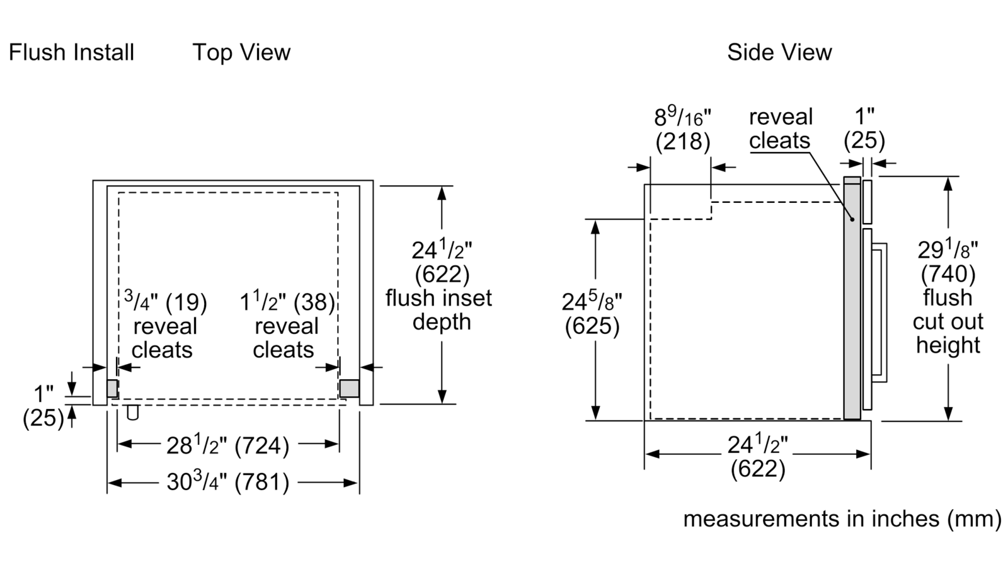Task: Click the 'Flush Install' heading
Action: [72, 52]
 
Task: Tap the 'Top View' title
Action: [241, 52]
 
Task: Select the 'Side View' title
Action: [779, 52]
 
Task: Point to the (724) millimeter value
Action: [261, 446]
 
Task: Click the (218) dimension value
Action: [683, 141]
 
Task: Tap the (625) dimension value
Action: [592, 326]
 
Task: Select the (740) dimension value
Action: [948, 273]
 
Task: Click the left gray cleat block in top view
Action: [112, 388]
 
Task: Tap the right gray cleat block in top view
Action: [349, 388]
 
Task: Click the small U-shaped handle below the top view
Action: [132, 412]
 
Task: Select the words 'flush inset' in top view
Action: [439, 298]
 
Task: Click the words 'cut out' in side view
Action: [948, 322]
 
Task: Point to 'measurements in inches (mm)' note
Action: [842, 519]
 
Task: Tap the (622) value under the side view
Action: [758, 469]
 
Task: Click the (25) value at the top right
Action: [864, 140]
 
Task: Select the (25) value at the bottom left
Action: [43, 418]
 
